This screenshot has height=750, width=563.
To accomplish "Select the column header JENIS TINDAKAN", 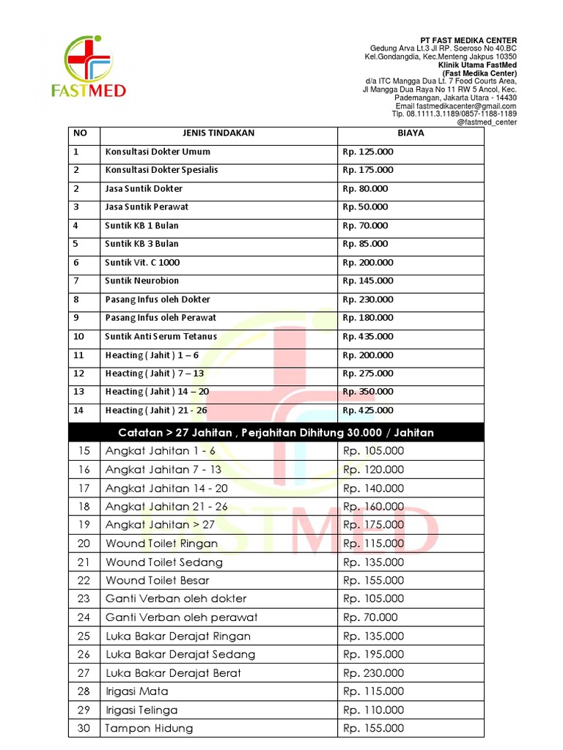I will coord(218,133).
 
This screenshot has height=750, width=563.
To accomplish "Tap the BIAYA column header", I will coord(411,133).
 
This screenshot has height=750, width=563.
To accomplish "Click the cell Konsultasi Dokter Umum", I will coord(158,152).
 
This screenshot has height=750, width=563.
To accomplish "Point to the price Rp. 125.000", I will coord(368,152).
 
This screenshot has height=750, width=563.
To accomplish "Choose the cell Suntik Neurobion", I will coord(141,281).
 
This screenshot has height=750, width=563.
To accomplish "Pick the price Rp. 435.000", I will coord(368,336).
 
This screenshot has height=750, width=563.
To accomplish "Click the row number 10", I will coord(79,336).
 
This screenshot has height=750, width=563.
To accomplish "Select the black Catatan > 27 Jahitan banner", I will coord(276,432).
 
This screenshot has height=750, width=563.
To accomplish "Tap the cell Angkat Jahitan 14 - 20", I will coord(166,488).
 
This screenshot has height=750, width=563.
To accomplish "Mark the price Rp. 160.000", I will coord(373,506).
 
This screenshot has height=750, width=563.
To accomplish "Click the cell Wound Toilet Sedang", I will coord(164,562).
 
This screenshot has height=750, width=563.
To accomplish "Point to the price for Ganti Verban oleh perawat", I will coord(370,617).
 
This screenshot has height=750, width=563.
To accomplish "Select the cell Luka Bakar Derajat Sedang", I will coord(180,654).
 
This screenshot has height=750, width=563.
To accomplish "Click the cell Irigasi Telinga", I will coord(141,710).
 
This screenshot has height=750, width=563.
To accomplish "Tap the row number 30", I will coord(84,728).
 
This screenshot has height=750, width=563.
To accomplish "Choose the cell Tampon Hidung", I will coord(150,728).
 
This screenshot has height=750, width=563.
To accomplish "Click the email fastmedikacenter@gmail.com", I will coord(466,105).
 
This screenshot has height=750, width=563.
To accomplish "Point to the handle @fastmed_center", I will coord(487,122).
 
